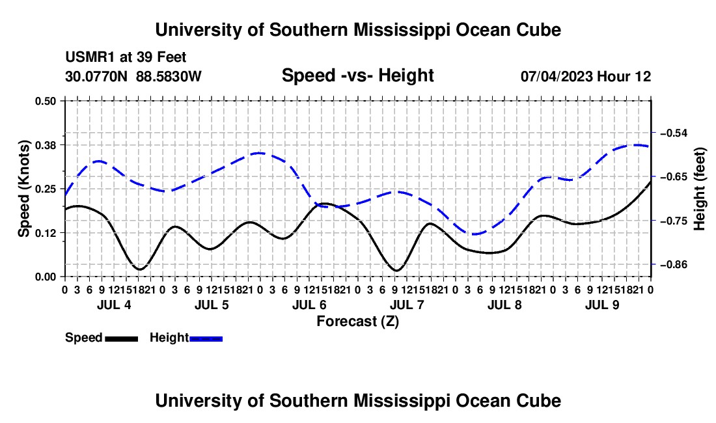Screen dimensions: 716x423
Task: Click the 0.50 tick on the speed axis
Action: pos(45,101)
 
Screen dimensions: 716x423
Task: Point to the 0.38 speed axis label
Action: pos(45,145)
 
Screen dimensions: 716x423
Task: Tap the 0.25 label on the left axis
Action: pos(45,189)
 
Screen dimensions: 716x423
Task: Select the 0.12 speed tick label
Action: pos(45,233)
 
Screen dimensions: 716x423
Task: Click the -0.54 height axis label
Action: pos(674,133)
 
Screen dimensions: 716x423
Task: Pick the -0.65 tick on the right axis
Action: pos(674,176)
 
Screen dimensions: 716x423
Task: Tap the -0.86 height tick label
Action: pos(674,265)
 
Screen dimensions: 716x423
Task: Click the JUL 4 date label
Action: pos(114,305)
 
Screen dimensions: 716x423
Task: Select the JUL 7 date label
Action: pos(407,305)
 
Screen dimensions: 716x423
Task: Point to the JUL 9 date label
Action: pos(602,305)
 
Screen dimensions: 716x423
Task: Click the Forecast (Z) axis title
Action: pos(357,321)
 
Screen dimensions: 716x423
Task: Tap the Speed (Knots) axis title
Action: pos(24,189)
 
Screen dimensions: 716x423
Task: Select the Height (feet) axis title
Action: pos(699,189)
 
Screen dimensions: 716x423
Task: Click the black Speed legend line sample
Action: pos(122,339)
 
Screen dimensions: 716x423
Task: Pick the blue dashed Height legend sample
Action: pos(206,339)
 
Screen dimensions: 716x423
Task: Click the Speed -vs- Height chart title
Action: pos(357,75)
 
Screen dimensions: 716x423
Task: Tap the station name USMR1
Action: pos(90,57)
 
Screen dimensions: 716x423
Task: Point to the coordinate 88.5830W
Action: pos(169,76)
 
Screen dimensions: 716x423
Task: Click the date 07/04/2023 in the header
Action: pos(557,76)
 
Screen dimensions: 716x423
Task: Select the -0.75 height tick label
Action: pos(674,221)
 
